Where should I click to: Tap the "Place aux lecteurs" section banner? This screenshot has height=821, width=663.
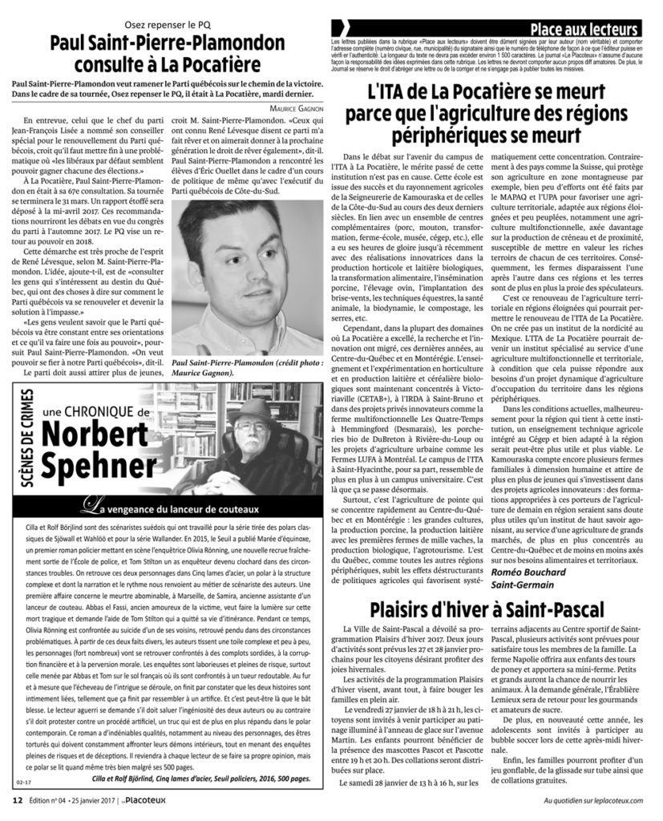pos(588,30)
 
